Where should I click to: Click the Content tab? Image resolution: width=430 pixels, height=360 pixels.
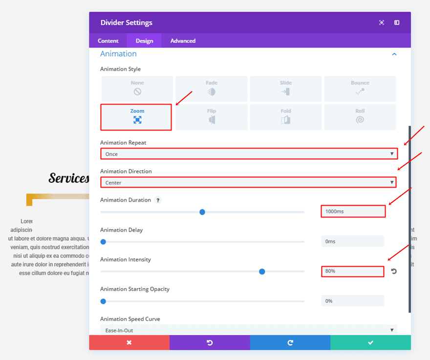[108, 41]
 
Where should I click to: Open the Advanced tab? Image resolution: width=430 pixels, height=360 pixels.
[183, 41]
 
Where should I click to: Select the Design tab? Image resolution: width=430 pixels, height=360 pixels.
[144, 41]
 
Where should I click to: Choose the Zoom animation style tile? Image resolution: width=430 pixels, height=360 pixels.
[136, 117]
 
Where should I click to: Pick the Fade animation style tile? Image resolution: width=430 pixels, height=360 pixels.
[211, 88]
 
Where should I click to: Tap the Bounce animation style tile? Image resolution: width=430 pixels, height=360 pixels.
[360, 88]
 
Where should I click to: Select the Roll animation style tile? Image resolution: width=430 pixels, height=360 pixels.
[360, 117]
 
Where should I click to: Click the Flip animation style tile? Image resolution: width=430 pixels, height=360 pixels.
[211, 117]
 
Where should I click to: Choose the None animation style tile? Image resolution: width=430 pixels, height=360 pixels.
[137, 88]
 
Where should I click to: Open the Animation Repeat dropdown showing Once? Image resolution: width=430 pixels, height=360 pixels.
[249, 154]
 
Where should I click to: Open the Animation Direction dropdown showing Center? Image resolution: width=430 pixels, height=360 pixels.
[248, 183]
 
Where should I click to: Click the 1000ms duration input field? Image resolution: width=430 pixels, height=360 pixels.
[353, 212]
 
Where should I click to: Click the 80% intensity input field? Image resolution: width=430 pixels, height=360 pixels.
[352, 271]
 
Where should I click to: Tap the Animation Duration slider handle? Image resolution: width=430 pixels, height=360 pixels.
[202, 212]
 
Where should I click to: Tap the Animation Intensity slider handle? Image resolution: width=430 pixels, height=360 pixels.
[262, 272]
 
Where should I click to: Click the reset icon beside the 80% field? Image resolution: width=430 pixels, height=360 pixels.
[394, 271]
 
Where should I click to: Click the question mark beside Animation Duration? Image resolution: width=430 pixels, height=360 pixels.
[158, 200]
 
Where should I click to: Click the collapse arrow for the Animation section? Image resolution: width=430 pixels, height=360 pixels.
[394, 54]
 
